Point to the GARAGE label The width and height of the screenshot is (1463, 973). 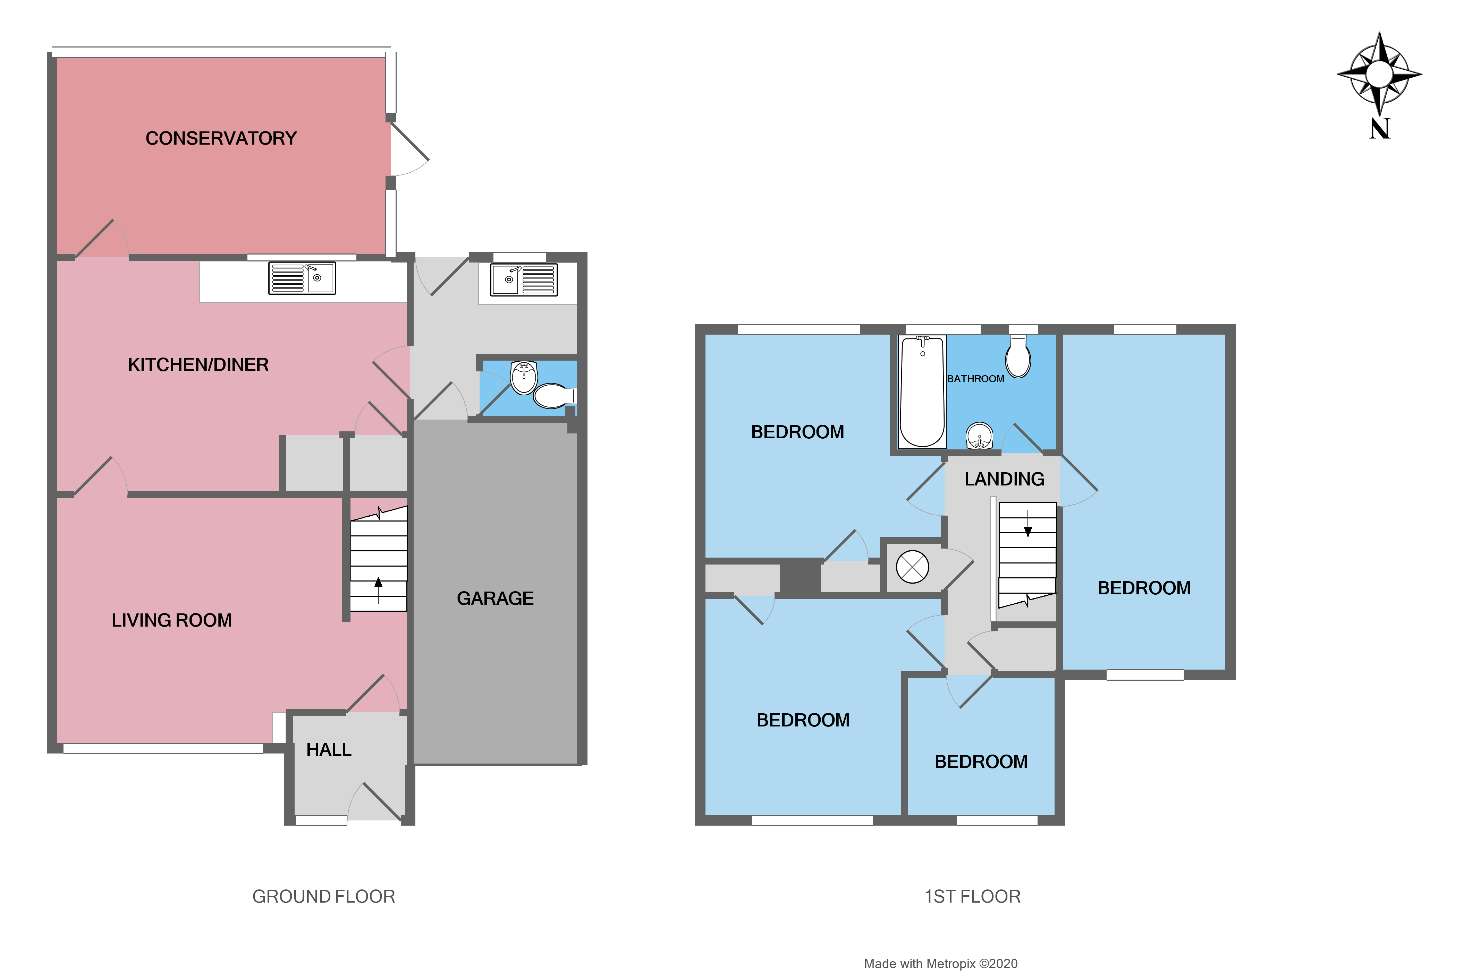pyautogui.click(x=495, y=598)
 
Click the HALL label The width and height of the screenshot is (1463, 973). pyautogui.click(x=329, y=750)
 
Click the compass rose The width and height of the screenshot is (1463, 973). pyautogui.click(x=1379, y=75)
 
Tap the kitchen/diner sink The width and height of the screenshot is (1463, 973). pyautogui.click(x=302, y=278)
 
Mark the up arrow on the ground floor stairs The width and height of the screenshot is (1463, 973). pyautogui.click(x=378, y=589)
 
